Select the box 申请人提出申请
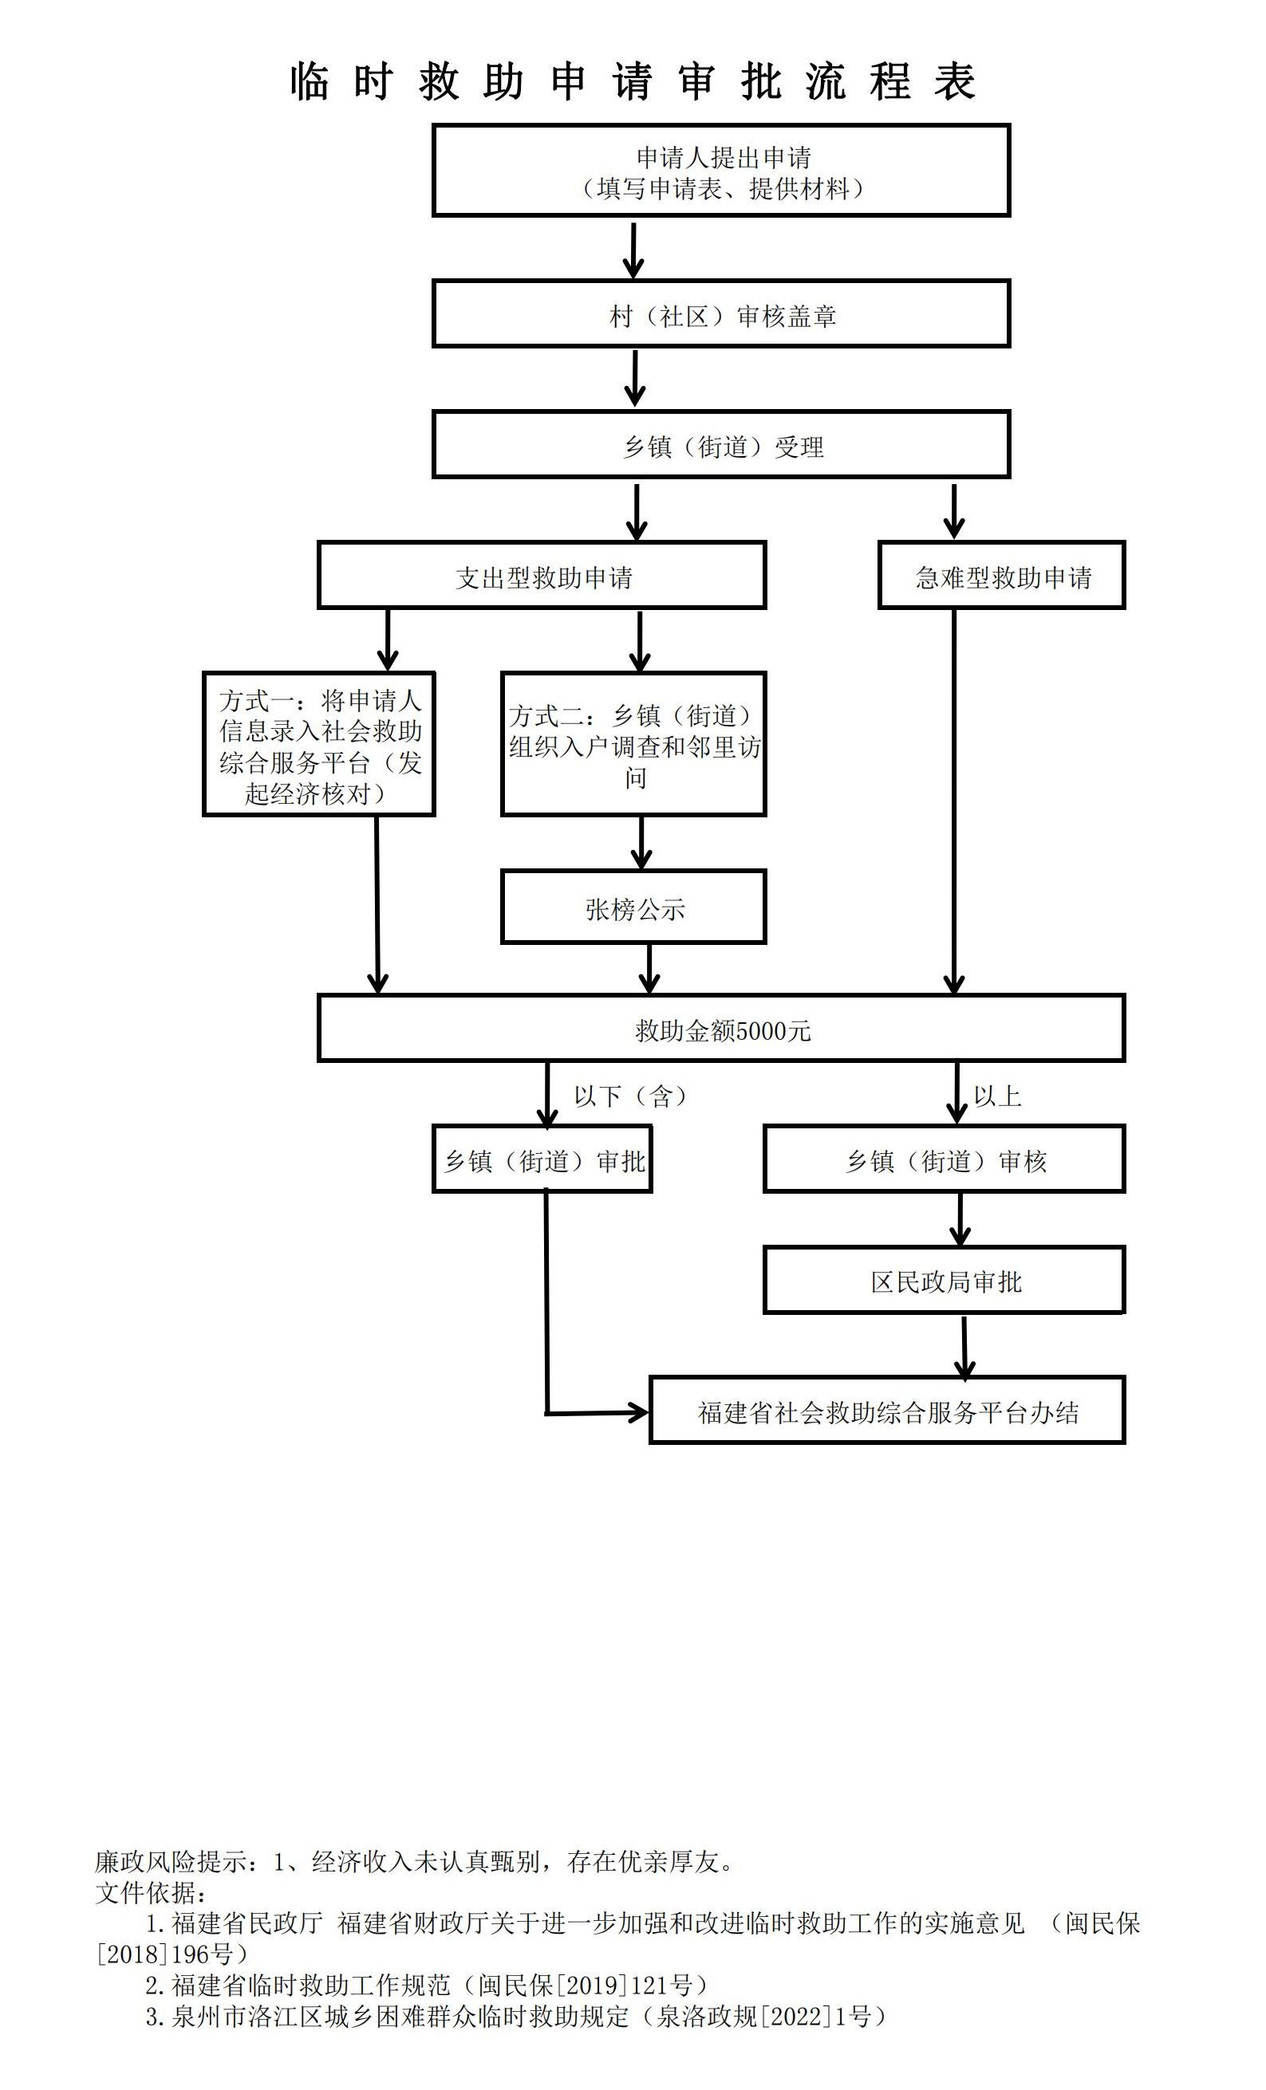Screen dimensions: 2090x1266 720,171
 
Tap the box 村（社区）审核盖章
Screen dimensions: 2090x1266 720,315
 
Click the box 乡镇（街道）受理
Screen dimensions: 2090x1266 720,445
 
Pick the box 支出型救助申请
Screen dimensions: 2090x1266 542,576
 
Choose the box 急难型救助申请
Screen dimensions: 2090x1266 1001,576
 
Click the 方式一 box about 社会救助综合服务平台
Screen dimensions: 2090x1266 319,745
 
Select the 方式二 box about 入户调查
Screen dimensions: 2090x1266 633,745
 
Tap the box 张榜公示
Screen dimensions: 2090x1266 633,907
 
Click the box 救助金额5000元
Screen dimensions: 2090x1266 720,1029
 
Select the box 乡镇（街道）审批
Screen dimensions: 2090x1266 542,1159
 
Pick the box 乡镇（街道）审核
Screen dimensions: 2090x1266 944,1159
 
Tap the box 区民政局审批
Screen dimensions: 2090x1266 944,1281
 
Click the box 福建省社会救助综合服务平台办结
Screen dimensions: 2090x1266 887,1411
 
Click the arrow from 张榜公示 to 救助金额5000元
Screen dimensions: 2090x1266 649,969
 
